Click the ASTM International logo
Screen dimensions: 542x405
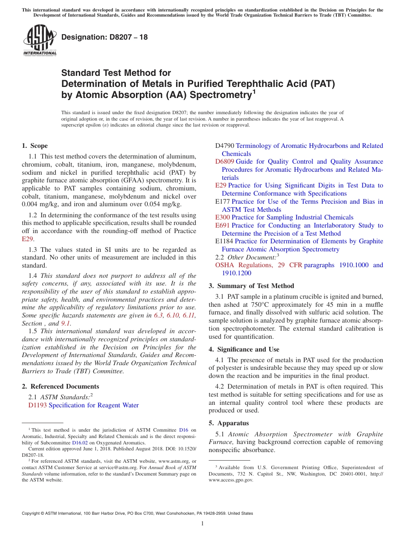(40, 40)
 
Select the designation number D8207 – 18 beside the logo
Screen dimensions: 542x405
(104, 37)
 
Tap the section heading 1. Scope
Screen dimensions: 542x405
(35, 146)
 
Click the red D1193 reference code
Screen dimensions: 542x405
(38, 405)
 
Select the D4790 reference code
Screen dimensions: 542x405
(225, 146)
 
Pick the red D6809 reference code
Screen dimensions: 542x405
(225, 161)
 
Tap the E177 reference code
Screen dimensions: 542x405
(223, 202)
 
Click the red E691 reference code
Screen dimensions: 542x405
(223, 225)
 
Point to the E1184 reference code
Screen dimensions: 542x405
(224, 241)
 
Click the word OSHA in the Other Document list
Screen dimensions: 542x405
(224, 265)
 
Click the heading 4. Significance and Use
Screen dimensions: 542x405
(244, 349)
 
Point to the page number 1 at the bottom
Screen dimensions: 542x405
(202, 523)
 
